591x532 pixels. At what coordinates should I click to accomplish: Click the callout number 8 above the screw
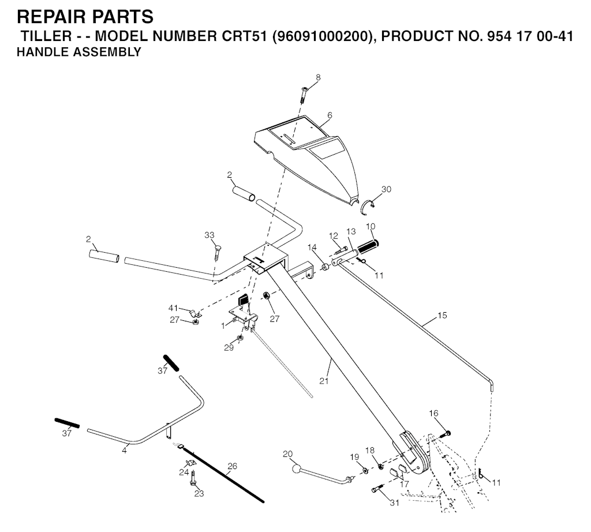pyautogui.click(x=318, y=78)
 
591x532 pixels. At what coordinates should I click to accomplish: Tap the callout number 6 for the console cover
pyautogui.click(x=330, y=115)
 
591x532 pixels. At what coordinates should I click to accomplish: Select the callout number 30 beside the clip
pyautogui.click(x=386, y=189)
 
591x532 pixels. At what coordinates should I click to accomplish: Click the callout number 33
pyautogui.click(x=209, y=235)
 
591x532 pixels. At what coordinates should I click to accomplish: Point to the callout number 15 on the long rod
pyautogui.click(x=442, y=315)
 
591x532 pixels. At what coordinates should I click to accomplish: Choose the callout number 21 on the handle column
pyautogui.click(x=324, y=381)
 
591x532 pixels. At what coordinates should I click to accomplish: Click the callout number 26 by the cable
pyautogui.click(x=232, y=466)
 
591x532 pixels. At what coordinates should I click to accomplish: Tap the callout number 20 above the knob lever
pyautogui.click(x=287, y=454)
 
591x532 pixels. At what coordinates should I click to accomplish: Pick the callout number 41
pyautogui.click(x=173, y=309)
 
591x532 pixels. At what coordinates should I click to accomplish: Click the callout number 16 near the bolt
pyautogui.click(x=433, y=413)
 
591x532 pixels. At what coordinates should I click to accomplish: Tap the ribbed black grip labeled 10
pyautogui.click(x=368, y=247)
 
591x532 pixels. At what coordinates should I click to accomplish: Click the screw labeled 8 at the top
pyautogui.click(x=304, y=95)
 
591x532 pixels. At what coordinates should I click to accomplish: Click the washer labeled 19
pyautogui.click(x=365, y=471)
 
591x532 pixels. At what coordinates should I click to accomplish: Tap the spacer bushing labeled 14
pyautogui.click(x=325, y=268)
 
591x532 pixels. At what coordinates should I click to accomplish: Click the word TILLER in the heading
pyautogui.click(x=46, y=36)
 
